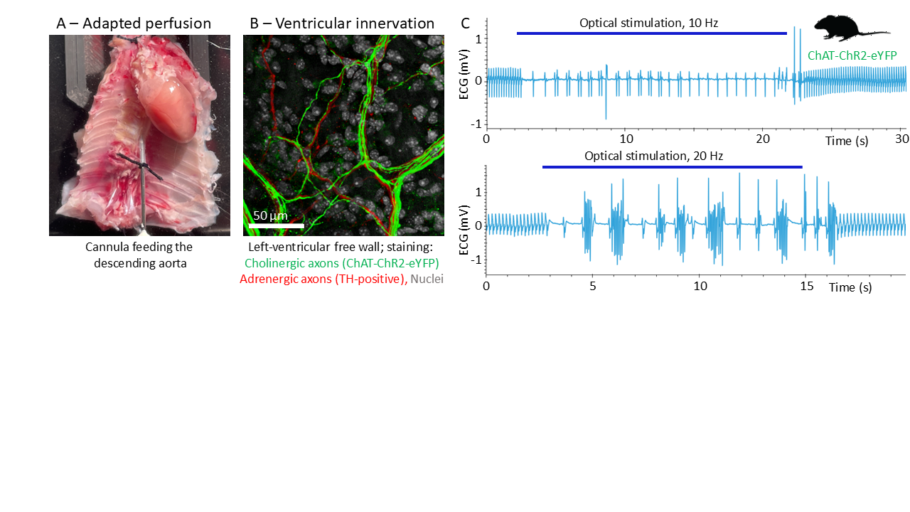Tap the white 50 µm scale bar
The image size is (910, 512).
276,225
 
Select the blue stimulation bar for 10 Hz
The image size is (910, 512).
651,33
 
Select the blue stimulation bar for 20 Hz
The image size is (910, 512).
672,167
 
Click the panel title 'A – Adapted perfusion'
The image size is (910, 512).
134,23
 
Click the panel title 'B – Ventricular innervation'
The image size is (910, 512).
342,23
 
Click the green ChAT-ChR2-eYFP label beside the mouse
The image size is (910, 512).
852,55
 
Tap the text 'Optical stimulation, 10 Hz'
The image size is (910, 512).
648,23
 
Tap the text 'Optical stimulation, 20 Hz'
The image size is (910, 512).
653,156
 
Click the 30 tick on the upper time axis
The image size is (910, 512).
902,139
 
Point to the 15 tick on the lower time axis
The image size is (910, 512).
806,286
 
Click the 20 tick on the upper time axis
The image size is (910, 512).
763,139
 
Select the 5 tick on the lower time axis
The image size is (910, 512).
592,286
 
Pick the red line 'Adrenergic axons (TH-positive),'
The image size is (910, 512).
322,279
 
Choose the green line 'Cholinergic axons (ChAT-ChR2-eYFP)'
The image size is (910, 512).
342,263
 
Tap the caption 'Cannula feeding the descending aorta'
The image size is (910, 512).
139,255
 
